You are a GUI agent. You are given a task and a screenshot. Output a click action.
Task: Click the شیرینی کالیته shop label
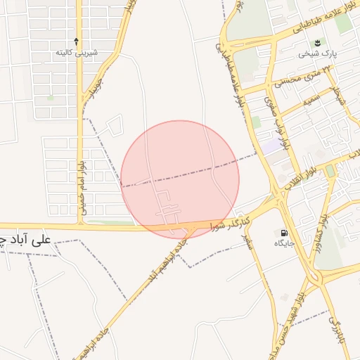[76, 53]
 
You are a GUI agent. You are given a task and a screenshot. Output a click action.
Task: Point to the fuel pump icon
[284, 233]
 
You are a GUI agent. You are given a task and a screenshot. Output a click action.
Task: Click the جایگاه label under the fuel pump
[284, 243]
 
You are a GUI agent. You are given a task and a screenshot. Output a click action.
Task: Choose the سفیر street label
[247, 243]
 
